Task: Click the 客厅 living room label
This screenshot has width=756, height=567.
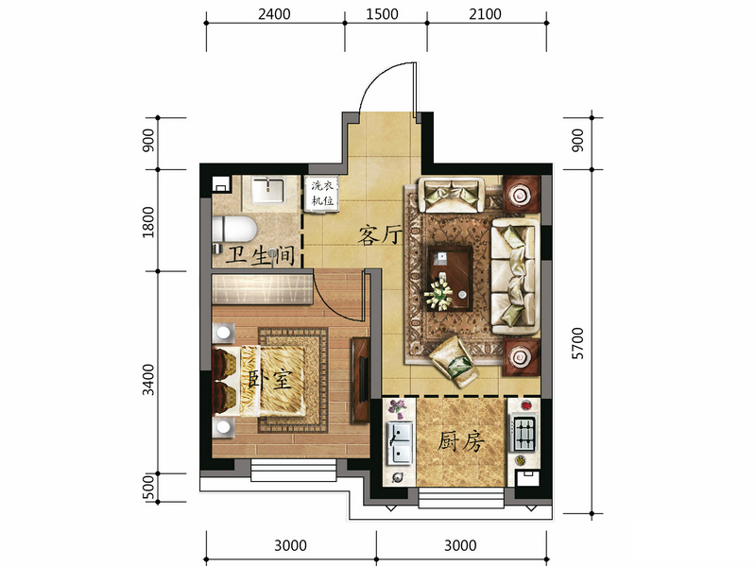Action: (380, 235)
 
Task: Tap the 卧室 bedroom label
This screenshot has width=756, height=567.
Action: (269, 379)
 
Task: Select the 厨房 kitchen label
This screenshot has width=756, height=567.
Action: (460, 441)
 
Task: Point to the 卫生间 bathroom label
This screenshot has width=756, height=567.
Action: (261, 254)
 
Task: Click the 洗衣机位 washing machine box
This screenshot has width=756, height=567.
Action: (321, 194)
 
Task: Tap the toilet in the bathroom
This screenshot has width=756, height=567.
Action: (233, 230)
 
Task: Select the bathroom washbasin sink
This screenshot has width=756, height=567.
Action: (268, 191)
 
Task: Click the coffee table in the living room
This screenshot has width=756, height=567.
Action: (450, 278)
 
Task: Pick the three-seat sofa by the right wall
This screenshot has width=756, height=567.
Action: (515, 277)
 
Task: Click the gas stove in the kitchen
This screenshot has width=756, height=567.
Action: (524, 433)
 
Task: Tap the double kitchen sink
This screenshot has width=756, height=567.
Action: (400, 442)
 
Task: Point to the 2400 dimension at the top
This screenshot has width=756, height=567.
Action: (274, 14)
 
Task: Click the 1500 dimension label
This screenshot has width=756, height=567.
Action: (382, 14)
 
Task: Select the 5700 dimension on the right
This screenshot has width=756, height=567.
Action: (577, 343)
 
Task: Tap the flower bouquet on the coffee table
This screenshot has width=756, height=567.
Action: (438, 293)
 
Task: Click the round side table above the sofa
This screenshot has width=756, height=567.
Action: (521, 195)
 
